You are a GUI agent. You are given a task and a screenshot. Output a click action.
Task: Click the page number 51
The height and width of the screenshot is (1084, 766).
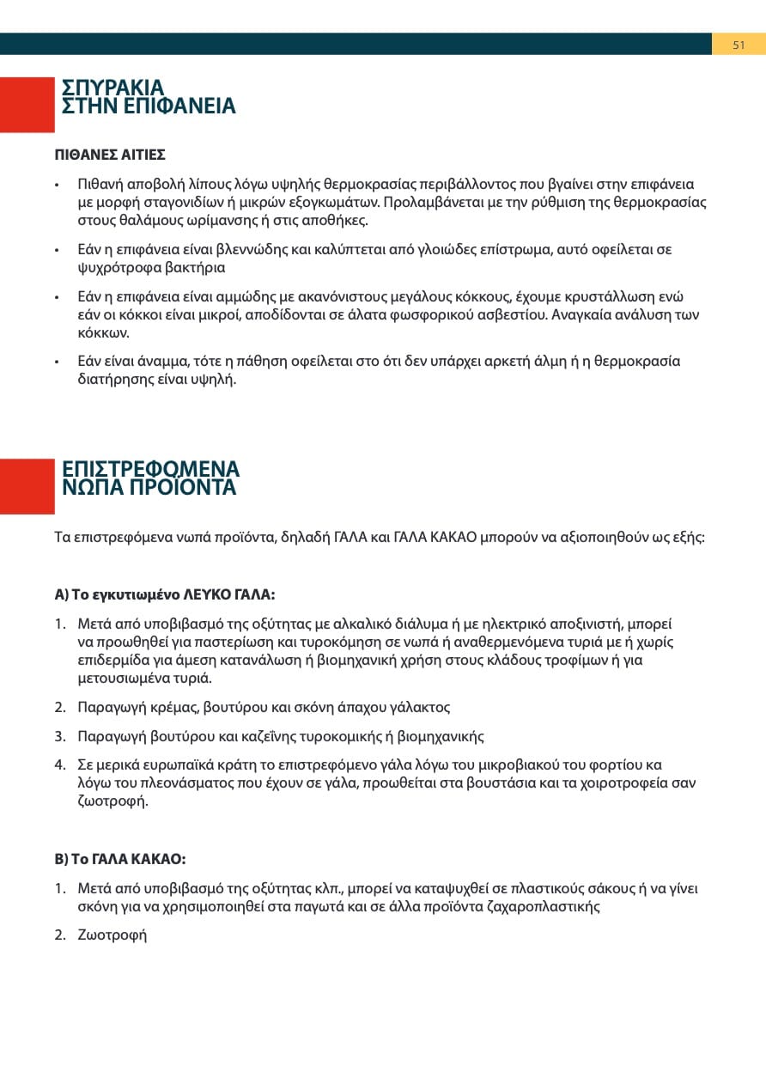(x=739, y=45)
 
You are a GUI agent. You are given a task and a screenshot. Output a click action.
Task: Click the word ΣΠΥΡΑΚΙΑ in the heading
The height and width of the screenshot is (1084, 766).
(x=112, y=88)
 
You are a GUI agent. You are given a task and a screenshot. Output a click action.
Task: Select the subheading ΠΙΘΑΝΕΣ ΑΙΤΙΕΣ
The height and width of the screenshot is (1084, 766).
(x=110, y=155)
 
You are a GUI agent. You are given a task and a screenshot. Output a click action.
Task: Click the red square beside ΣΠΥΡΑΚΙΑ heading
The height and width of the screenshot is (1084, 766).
(x=27, y=105)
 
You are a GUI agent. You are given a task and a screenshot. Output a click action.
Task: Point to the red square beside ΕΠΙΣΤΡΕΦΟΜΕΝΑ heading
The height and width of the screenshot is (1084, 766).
(x=27, y=486)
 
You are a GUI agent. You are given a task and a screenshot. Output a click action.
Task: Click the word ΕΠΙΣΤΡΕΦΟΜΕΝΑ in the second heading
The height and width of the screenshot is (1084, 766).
(x=150, y=469)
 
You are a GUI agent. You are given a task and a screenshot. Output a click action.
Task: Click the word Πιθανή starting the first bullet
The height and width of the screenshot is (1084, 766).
(x=99, y=185)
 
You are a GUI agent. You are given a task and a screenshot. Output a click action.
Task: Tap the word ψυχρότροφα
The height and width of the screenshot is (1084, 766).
(x=114, y=267)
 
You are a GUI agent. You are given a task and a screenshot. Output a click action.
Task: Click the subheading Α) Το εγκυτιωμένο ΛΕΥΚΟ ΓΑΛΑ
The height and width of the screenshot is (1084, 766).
(x=165, y=594)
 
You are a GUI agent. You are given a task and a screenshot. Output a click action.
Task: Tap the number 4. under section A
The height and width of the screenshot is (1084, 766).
(x=60, y=764)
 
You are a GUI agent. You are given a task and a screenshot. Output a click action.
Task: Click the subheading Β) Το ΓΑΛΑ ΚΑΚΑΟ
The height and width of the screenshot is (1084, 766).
(x=119, y=860)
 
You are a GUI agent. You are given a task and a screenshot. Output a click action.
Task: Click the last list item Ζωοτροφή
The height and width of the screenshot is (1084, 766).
(x=112, y=935)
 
